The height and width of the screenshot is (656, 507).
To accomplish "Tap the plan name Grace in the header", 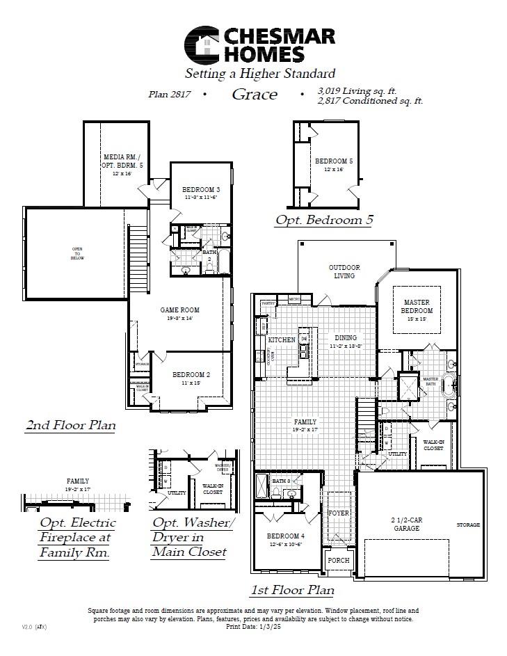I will click(255, 95).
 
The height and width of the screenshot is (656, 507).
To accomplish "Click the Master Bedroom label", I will click(417, 307).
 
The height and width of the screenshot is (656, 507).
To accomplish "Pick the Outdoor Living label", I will click(344, 271).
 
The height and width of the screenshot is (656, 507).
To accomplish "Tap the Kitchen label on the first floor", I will click(282, 339).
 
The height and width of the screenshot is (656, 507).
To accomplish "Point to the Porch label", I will click(339, 560).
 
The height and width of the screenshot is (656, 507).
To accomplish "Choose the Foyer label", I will click(339, 513).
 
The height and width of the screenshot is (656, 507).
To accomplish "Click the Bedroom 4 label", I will click(286, 536).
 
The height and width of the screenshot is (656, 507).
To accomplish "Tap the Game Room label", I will click(179, 310).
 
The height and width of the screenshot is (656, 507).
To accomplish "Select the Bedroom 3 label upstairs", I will click(201, 190).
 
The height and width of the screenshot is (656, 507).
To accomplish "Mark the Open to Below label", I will click(77, 253).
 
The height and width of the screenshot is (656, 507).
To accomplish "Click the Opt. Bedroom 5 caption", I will click(324, 220).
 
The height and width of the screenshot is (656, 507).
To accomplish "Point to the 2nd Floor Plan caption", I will click(70, 424).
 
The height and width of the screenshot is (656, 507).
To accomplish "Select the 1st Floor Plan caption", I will click(292, 590).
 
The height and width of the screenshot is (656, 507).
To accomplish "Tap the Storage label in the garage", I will click(468, 525).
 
